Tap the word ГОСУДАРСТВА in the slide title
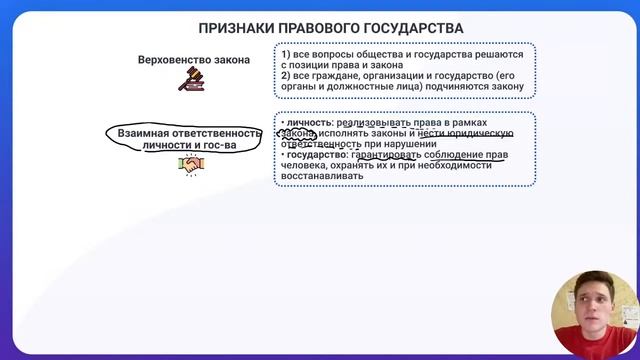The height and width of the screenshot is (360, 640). coord(408,28)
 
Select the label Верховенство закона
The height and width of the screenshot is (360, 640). coord(194,60)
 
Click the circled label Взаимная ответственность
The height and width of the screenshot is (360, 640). coord(189,133)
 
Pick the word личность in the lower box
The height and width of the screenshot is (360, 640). coord(310,123)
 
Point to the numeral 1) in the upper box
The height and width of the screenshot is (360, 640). coord(286,53)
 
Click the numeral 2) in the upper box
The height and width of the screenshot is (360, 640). coord(286,75)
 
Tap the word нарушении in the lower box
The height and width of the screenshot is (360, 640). coord(404,145)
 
